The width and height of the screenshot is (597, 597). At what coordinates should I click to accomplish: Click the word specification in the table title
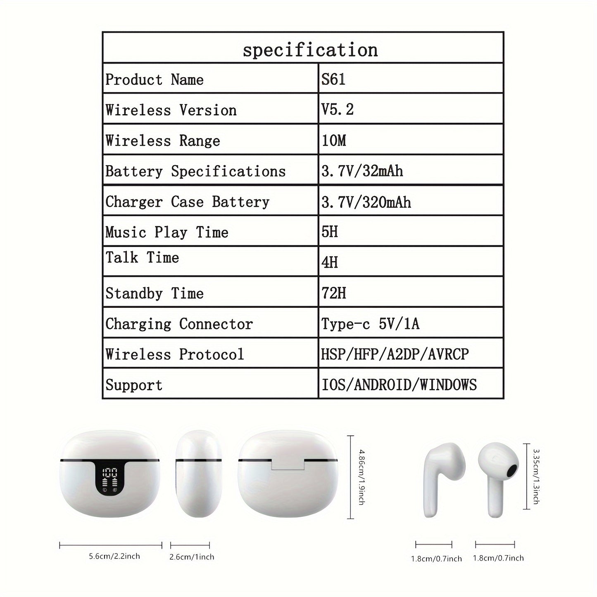click(310, 50)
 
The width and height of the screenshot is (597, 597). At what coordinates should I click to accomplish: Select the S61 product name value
click(333, 79)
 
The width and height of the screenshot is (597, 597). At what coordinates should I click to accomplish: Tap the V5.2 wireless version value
click(338, 109)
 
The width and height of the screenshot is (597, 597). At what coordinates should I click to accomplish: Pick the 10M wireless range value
click(334, 140)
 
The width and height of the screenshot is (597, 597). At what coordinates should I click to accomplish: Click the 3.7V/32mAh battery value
click(362, 171)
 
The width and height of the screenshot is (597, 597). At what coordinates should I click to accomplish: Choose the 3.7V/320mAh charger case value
click(366, 202)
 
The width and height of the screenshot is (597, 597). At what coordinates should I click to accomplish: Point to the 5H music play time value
click(330, 232)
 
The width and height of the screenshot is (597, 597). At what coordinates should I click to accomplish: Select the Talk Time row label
click(142, 258)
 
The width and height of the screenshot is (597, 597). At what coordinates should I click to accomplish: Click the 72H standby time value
click(334, 293)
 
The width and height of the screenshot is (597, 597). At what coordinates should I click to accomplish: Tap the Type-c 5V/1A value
click(370, 323)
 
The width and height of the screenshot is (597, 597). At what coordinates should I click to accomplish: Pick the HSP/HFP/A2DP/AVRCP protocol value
click(395, 354)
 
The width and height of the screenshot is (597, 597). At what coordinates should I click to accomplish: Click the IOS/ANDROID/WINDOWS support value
click(399, 385)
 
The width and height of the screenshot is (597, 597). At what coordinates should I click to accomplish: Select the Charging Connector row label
click(179, 324)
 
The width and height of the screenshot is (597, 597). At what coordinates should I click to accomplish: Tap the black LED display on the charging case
click(110, 480)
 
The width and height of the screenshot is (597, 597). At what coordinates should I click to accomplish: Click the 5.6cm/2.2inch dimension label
click(114, 556)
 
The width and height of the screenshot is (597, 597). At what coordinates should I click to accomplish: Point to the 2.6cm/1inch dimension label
click(192, 557)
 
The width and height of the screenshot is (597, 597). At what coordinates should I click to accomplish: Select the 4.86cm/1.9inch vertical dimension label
click(361, 477)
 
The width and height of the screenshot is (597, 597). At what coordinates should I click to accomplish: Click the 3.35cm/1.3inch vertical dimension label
click(535, 476)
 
